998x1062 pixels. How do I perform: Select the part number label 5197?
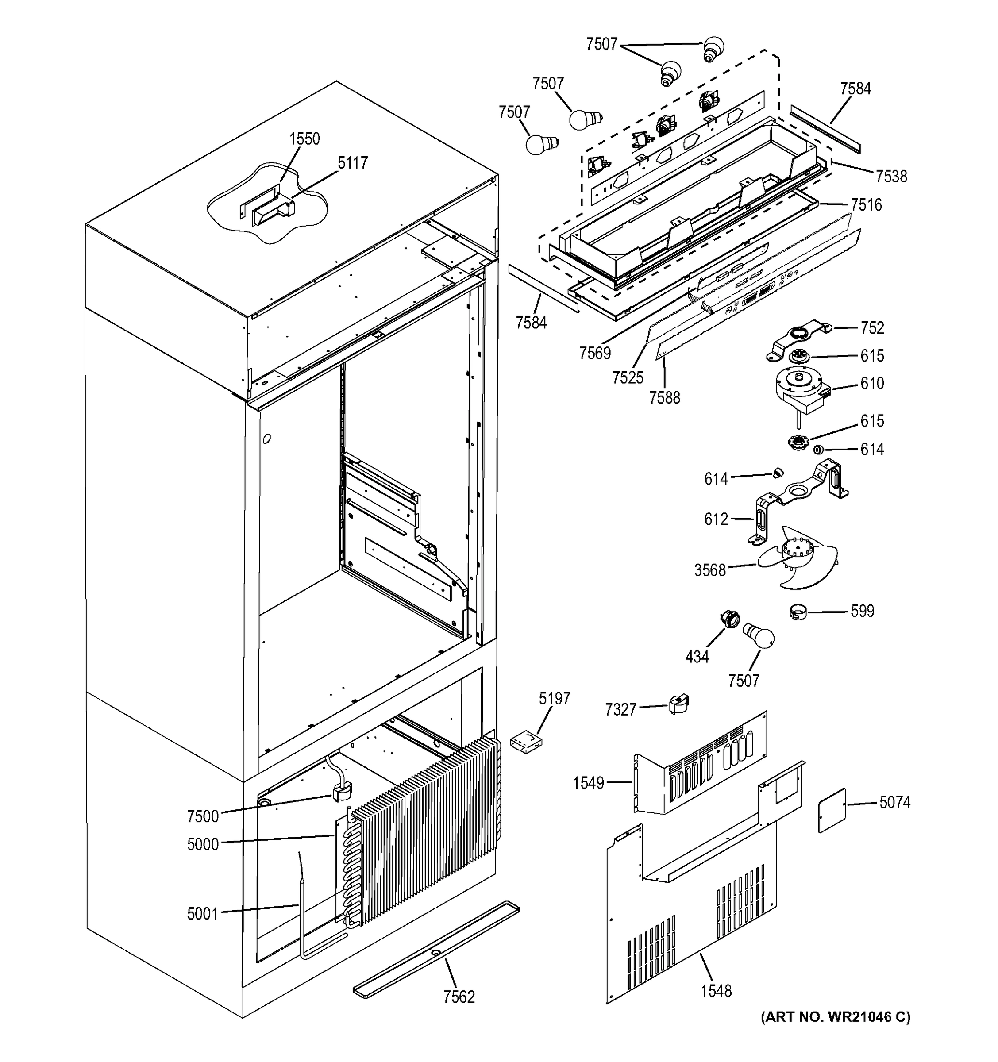tap(554, 698)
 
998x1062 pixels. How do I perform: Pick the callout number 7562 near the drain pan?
tap(459, 997)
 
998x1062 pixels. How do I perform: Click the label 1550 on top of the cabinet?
tap(304, 139)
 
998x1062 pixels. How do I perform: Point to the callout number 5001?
tap(203, 914)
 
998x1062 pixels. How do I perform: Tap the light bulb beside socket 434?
tap(759, 636)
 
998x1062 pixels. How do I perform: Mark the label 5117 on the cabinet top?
tap(353, 163)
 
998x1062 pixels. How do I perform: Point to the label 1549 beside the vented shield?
tap(588, 783)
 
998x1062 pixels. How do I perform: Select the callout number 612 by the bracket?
tap(716, 519)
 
